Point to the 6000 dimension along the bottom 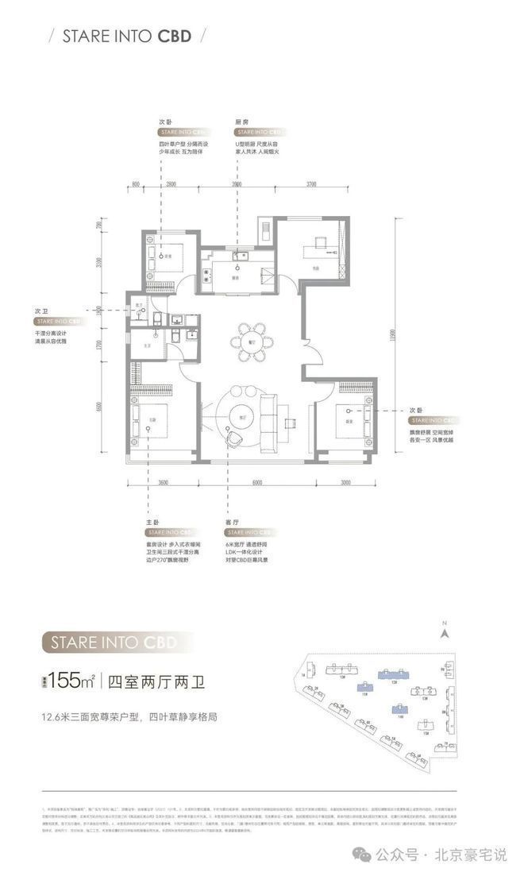coord(258,482)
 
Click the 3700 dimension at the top coord(311,185)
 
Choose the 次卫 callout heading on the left coord(41,312)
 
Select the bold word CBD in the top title coord(175,36)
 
